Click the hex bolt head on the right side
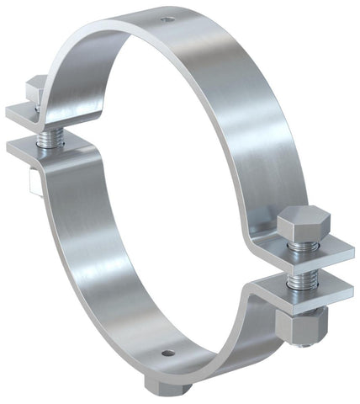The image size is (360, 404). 300,222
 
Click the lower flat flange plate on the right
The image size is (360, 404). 307,290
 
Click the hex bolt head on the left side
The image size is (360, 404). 36,87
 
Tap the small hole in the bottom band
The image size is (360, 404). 167,351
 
